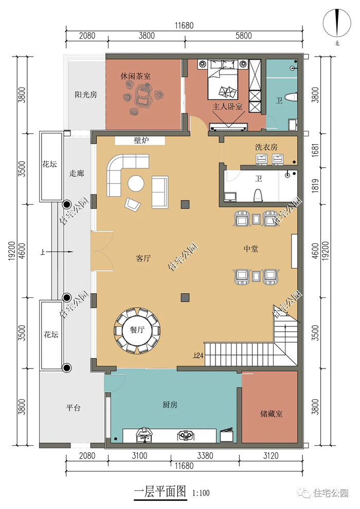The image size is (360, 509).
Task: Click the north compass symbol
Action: [x=337, y=23]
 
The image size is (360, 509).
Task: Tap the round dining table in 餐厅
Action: [x=137, y=330]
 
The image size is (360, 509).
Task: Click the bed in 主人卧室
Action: [x=223, y=80]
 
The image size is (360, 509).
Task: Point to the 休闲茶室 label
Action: [x=136, y=76]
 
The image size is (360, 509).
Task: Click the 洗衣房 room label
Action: [x=266, y=147]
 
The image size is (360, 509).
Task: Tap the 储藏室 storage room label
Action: [x=272, y=414]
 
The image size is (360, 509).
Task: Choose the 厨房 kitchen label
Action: [x=170, y=405]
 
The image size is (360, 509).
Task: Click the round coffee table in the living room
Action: [x=136, y=184]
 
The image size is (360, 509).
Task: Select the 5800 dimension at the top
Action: [x=244, y=36]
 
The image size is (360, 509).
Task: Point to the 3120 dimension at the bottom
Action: [x=271, y=455]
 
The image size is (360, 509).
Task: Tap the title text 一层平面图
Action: [x=160, y=492]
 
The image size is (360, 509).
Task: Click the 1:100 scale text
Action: [x=201, y=493]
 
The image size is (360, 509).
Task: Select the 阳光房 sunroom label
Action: [x=86, y=95]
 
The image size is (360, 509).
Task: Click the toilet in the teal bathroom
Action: [x=291, y=97]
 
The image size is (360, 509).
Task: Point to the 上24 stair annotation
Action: [x=198, y=356]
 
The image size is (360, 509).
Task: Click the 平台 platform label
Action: [x=73, y=408]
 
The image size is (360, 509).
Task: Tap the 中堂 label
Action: [x=251, y=249]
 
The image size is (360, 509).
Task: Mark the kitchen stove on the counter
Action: [x=186, y=435]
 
